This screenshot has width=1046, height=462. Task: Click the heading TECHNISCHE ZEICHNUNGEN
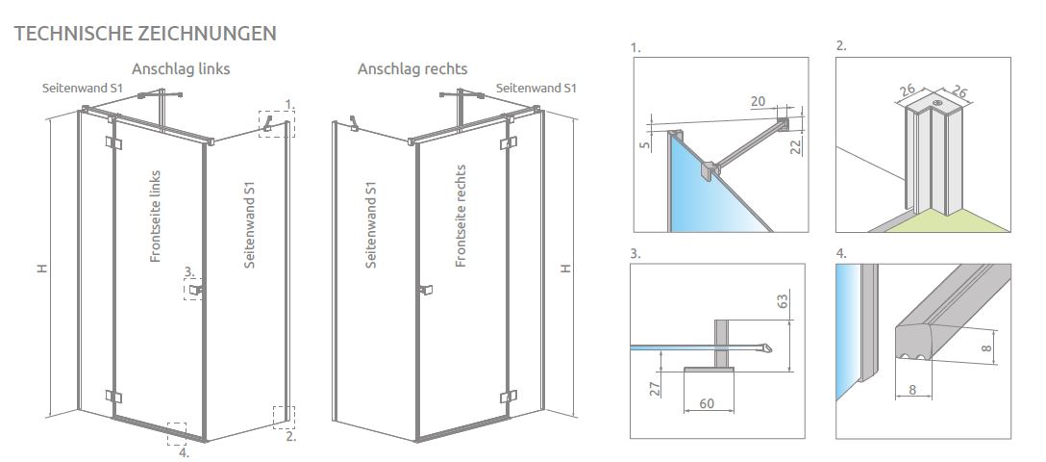[x=145, y=34]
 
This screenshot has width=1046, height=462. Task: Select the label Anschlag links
[x=181, y=69]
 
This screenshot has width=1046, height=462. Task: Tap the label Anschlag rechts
[x=412, y=69]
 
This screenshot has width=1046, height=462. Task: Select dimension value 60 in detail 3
[x=707, y=403]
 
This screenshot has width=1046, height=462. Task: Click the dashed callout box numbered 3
[x=195, y=289]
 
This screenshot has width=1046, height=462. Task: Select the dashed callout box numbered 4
[x=176, y=432]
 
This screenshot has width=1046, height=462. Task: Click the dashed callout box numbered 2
[x=284, y=417]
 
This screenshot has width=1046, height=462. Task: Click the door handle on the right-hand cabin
[x=424, y=289]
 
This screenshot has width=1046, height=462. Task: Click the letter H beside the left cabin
[x=42, y=269]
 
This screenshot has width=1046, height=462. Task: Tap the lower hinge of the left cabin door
[x=113, y=397]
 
